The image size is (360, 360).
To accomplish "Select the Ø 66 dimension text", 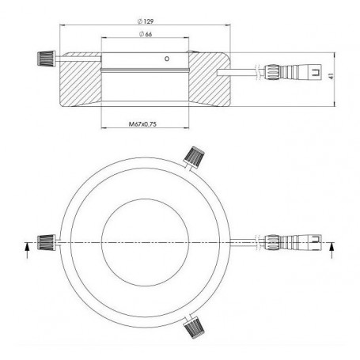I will (x=146, y=36).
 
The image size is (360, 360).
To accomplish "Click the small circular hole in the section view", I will (x=165, y=59).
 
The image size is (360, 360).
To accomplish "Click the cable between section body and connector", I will (x=250, y=72).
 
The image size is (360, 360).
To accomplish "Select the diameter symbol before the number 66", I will (x=140, y=36).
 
